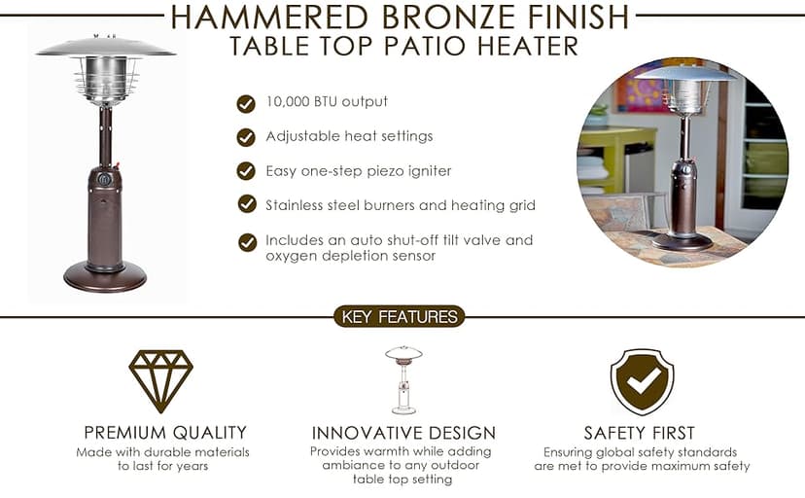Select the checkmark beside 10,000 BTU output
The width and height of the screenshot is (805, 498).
click(x=246, y=104)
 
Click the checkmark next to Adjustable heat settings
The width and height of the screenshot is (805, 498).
click(x=246, y=137)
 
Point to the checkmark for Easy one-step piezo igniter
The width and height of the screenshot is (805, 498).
click(x=246, y=171)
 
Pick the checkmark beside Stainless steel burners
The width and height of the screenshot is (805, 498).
click(x=247, y=204)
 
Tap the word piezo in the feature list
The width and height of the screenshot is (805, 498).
click(x=386, y=171)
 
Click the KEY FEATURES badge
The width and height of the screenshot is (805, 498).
click(x=400, y=317)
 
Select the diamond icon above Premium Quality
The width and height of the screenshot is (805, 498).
click(x=161, y=380)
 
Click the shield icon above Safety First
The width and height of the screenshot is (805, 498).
click(x=643, y=382)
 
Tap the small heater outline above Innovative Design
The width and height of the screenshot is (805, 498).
click(x=403, y=380)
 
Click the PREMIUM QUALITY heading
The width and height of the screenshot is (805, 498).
click(x=165, y=433)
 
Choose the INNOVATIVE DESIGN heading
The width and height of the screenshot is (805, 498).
click(x=403, y=433)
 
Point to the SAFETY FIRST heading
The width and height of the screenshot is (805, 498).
click(x=639, y=433)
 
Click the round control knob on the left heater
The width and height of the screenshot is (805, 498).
click(x=105, y=180)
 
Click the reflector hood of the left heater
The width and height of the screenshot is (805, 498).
click(x=106, y=47)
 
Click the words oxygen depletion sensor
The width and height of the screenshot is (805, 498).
click(x=351, y=256)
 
